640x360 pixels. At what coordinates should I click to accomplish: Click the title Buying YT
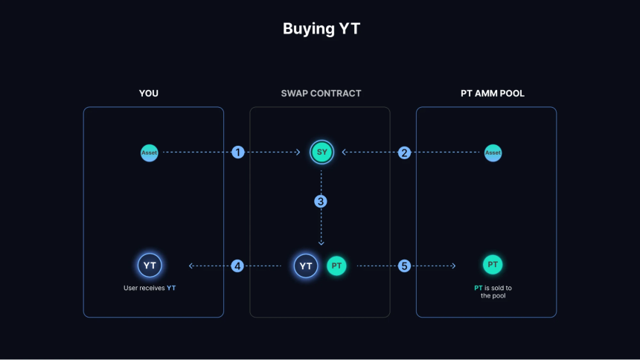tap(321, 28)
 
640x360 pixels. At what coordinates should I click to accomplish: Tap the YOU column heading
tap(149, 94)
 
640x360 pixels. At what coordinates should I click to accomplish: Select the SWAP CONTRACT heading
tap(321, 94)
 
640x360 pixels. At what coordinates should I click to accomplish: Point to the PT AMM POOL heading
tap(492, 94)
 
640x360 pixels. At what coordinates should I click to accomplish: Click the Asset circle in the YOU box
tap(150, 153)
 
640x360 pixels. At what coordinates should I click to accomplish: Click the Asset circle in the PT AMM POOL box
tap(493, 153)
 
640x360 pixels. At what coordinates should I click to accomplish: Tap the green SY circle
tap(321, 152)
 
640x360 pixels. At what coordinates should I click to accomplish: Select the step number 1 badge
tap(238, 152)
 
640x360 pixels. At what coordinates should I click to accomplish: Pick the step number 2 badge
tap(404, 152)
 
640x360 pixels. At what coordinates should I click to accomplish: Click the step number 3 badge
tap(321, 202)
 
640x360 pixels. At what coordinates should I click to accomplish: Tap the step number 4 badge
tap(237, 266)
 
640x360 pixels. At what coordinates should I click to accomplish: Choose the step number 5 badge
tap(404, 266)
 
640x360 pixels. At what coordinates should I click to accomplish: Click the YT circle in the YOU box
tap(150, 266)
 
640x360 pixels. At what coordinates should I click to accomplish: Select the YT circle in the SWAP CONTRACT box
tap(306, 266)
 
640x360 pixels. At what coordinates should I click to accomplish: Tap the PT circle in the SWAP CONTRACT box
tap(336, 266)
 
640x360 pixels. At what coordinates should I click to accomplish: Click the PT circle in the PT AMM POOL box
tap(493, 265)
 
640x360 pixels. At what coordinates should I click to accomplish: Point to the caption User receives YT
tap(150, 288)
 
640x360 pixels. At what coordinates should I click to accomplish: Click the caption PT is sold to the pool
tap(493, 292)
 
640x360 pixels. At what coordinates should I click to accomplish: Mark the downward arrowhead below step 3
tap(321, 243)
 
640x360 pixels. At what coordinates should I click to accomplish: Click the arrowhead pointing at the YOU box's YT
tap(191, 266)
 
